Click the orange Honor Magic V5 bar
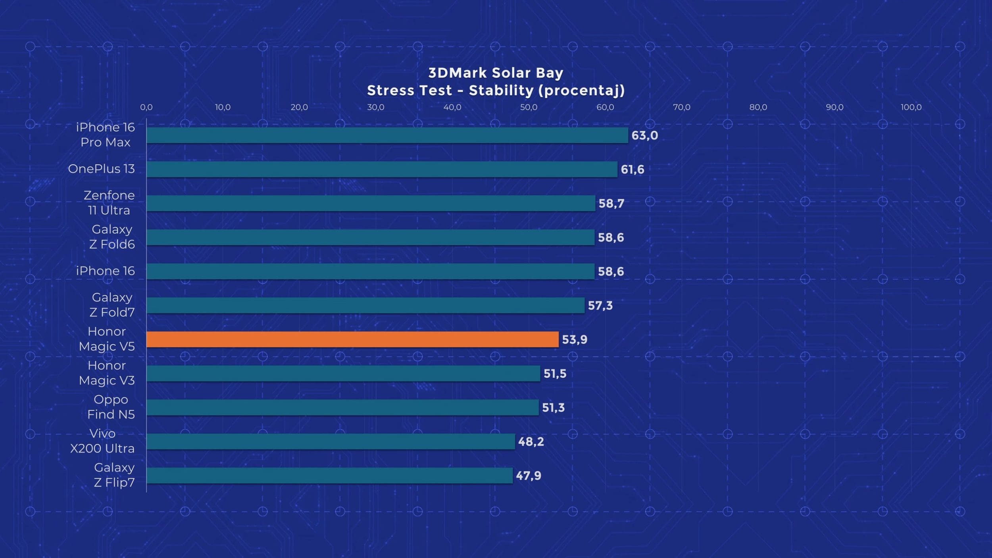tap(352, 339)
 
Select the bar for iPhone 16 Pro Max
tap(387, 135)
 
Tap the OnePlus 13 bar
tap(382, 169)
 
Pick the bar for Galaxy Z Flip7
tap(329, 475)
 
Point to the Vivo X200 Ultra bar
tap(331, 441)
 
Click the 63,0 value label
tap(644, 135)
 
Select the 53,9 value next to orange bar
tap(575, 340)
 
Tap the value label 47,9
tap(528, 475)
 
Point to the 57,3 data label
tap(600, 306)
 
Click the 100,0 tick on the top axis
tap(911, 107)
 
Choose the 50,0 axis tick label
tap(529, 107)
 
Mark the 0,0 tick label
tap(146, 107)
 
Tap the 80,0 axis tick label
tap(758, 107)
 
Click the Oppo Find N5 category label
tap(111, 407)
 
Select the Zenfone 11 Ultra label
tap(109, 203)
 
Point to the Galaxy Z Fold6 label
tap(112, 237)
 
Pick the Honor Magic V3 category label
tap(107, 373)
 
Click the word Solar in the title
tap(511, 73)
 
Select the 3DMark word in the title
tap(458, 73)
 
